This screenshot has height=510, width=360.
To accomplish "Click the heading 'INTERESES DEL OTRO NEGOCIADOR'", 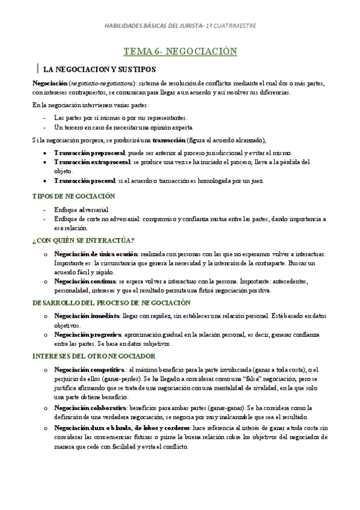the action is pos(94,356).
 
